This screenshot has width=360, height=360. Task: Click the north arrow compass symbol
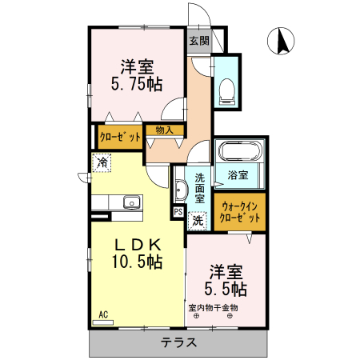click(x=282, y=41)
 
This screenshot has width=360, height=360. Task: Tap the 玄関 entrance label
click(x=199, y=41)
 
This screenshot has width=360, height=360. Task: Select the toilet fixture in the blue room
click(x=227, y=90)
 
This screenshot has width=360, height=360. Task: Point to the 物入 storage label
click(x=165, y=129)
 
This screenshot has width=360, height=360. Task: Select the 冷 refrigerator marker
click(x=102, y=163)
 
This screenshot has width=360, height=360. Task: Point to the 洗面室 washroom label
click(x=200, y=186)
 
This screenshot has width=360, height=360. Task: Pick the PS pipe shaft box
click(x=177, y=213)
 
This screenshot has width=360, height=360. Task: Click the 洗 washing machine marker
click(x=197, y=218)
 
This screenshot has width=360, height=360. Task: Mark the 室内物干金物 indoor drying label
click(x=213, y=307)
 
